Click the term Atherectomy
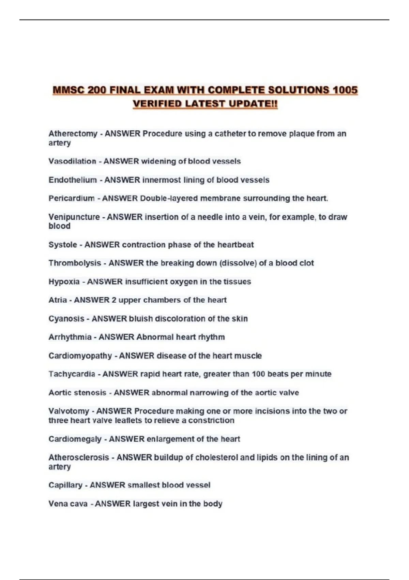coord(73,133)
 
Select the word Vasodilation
coord(72,161)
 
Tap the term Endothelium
coord(73,180)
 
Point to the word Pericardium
coord(72,198)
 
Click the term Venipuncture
coord(74,217)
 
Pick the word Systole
coord(63,245)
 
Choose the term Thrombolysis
coord(75,263)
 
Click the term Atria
coord(58,300)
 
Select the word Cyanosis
coord(66,319)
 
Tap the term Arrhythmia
coord(70,337)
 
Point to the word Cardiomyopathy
coord(80,356)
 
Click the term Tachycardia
coord(72,374)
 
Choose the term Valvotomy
coord(69,411)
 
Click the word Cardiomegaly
coord(75,439)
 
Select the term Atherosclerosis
coord(79,457)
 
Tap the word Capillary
coord(65,485)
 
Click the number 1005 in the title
coord(345,90)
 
